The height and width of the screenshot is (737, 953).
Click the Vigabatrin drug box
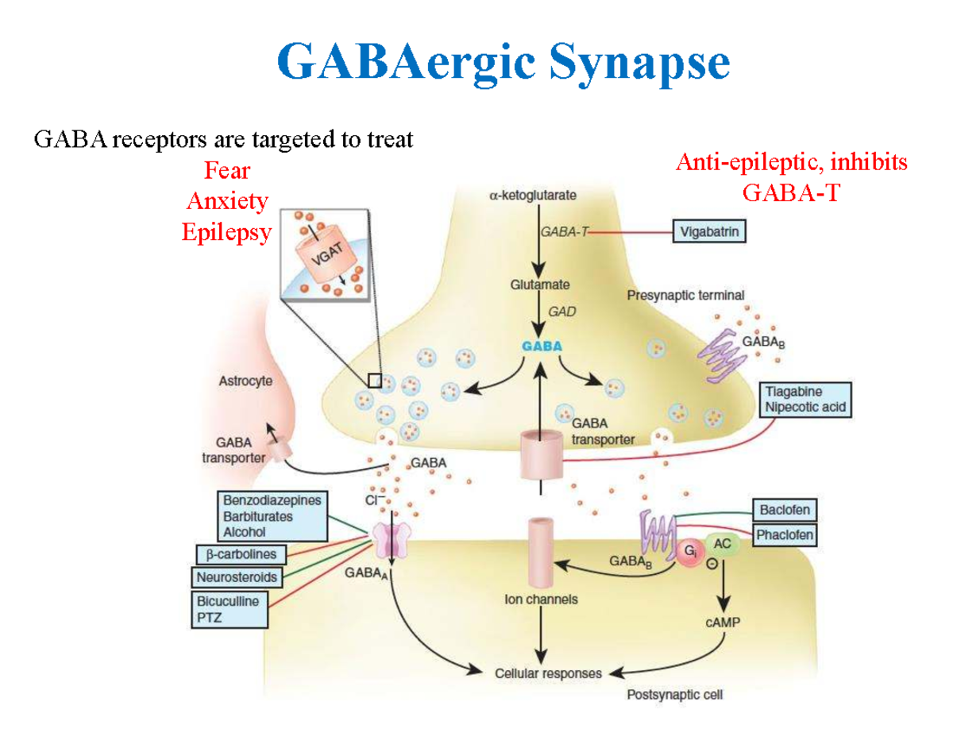pyautogui.click(x=710, y=232)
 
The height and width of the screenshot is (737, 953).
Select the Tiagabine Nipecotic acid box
pyautogui.click(x=804, y=400)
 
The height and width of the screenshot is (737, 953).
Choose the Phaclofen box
pyautogui.click(x=785, y=535)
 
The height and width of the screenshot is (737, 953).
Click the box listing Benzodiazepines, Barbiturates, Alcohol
pyautogui.click(x=272, y=516)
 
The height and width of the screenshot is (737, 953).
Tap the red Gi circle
pyautogui.click(x=688, y=553)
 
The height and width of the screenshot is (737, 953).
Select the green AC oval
pyautogui.click(x=722, y=544)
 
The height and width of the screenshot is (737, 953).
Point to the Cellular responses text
pyautogui.click(x=548, y=673)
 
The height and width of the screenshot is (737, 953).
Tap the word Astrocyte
pyautogui.click(x=245, y=382)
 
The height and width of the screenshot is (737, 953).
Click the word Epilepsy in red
pyautogui.click(x=226, y=232)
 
